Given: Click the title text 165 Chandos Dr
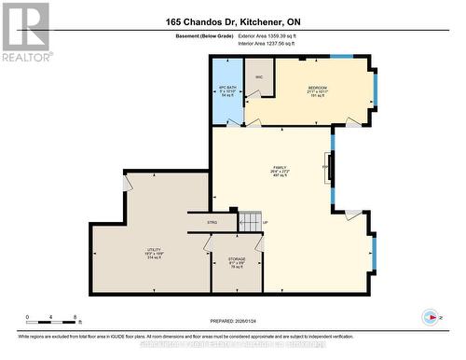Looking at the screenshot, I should coord(232,21).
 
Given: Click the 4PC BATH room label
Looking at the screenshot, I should coord(227,90).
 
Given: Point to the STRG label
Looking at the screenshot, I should coord(212,223).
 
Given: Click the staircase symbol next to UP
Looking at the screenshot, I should coord(250,222).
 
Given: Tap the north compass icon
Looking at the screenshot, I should coord(430,316).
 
